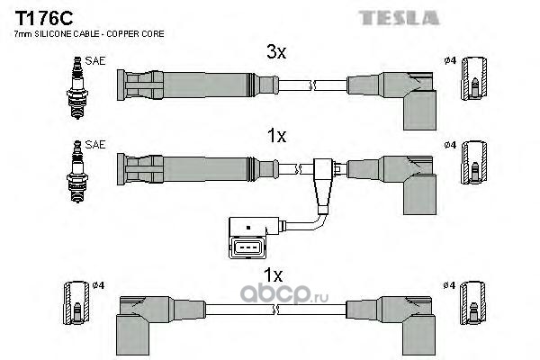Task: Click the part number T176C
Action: [x=44, y=19]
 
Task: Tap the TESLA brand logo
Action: [x=399, y=18]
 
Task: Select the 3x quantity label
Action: [x=276, y=52]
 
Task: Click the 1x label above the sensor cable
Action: [x=276, y=136]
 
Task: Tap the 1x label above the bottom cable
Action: [x=273, y=274]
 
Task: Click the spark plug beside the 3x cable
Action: [x=77, y=88]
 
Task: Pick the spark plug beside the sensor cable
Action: [x=77, y=172]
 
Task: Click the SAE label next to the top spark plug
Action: [x=95, y=61]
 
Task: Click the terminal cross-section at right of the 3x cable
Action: [x=474, y=78]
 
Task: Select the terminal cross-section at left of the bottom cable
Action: [x=76, y=302]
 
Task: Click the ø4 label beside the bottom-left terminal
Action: [x=98, y=285]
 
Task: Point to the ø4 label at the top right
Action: [x=450, y=60]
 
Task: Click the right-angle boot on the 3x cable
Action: [x=409, y=100]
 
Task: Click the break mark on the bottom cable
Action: [x=275, y=310]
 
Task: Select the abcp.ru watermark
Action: [x=284, y=294]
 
